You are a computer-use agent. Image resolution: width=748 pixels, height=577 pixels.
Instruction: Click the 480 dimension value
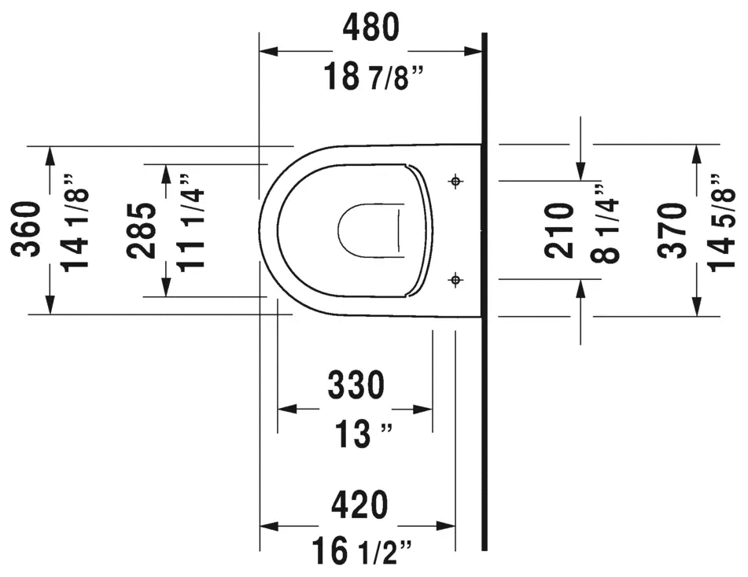(370, 28)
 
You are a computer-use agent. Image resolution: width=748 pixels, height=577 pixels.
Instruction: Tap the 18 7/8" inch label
(374, 76)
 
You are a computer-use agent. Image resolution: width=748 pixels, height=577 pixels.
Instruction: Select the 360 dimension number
(26, 230)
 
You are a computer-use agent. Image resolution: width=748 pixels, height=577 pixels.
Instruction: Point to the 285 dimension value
(142, 231)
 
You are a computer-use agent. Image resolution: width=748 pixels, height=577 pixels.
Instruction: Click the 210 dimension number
(559, 230)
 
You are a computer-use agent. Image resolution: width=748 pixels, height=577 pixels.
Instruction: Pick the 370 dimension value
(672, 231)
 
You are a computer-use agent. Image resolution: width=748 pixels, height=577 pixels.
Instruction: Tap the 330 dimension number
(356, 385)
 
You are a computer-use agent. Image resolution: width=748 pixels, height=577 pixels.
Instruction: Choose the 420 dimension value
(359, 505)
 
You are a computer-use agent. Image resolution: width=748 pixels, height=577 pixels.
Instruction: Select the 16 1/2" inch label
(362, 551)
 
